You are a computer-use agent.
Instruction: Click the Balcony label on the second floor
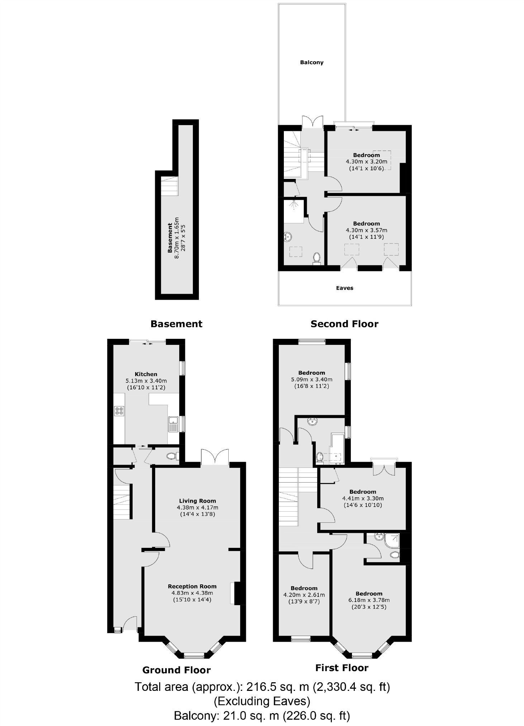311,62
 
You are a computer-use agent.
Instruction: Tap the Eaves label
344,288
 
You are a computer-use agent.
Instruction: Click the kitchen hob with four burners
119,411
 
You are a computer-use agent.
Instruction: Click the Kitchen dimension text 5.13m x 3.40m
146,381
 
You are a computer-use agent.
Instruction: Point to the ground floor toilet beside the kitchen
172,456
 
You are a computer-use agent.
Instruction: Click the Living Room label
197,501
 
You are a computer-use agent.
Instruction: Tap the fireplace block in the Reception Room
237,594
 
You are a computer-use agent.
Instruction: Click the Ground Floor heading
176,670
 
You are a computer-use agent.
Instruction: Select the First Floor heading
342,668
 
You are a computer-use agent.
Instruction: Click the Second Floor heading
344,324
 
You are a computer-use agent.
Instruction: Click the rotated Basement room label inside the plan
170,238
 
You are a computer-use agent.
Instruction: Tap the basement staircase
169,186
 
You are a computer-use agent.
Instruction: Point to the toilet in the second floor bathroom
316,258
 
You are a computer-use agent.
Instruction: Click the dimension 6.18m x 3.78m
369,600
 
